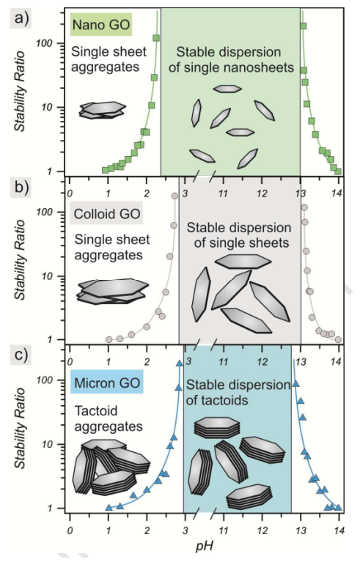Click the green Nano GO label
point(101,25)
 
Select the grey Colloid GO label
point(106,214)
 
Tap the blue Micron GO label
point(107,382)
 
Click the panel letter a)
point(21,17)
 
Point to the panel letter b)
point(21,187)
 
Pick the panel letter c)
point(21,355)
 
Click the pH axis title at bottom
point(205,546)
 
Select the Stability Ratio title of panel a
point(20,92)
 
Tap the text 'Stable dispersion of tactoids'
point(238,393)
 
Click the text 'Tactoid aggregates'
point(109,418)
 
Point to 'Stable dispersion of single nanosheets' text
point(231,59)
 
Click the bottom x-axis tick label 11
point(224,530)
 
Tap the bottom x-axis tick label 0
point(70,530)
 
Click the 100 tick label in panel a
point(44,43)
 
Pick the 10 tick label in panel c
point(48,445)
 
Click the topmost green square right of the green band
point(303,26)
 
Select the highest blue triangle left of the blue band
point(179,363)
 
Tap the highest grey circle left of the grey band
point(175,196)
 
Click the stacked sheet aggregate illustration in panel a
point(103,110)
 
